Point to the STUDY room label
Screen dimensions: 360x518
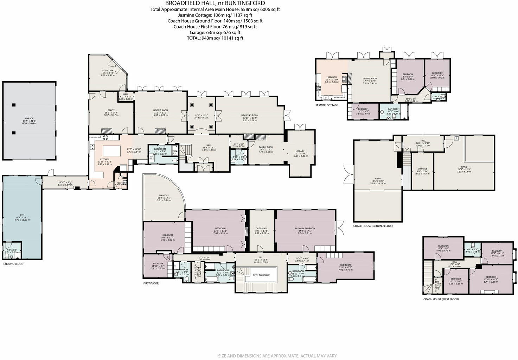[x=111, y=110]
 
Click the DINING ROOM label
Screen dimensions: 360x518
[x=160, y=110]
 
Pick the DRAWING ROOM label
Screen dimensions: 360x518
[x=250, y=115]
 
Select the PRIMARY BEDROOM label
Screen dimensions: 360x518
[x=305, y=229]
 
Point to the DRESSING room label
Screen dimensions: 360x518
[x=261, y=229]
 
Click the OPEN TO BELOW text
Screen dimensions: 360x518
[x=261, y=275]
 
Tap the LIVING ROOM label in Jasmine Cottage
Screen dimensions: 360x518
[x=370, y=79]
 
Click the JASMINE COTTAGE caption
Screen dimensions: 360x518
[x=327, y=105]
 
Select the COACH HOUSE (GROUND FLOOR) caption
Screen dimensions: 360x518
[x=373, y=226]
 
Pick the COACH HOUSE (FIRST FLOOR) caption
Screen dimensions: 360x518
[x=441, y=299]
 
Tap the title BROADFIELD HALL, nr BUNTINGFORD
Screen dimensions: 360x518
[x=215, y=4]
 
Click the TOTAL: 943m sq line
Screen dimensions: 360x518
[x=215, y=38]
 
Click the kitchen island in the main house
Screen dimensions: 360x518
[x=111, y=152]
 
